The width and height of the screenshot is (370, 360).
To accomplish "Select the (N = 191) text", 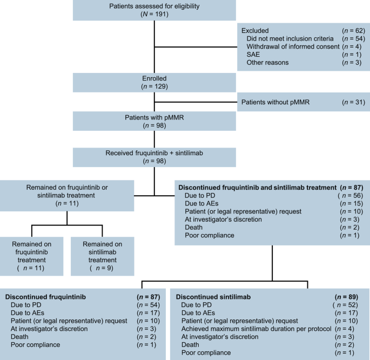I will coord(154,14).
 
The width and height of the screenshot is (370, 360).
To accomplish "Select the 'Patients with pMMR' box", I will coord(154,122).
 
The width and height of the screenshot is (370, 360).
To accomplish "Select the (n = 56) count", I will coord(354,195).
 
